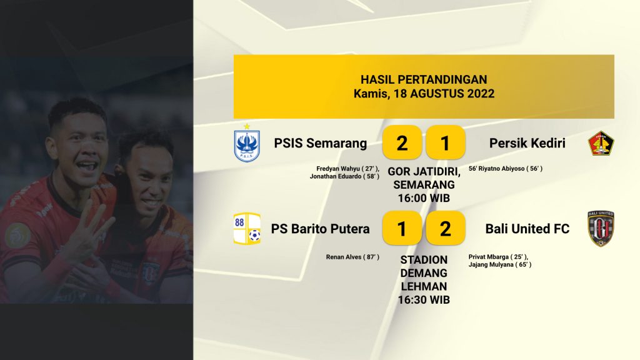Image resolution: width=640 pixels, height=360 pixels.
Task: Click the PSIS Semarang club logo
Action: (247, 144)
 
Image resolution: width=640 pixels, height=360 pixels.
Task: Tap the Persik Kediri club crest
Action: (601, 143)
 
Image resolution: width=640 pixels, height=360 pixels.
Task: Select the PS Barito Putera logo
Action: (247, 229)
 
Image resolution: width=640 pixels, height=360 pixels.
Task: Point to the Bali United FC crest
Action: (601, 229)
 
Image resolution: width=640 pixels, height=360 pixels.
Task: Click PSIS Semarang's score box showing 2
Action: (402, 142)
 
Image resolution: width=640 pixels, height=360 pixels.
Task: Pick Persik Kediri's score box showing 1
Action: (445, 142)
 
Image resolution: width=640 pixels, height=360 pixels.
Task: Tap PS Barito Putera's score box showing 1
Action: (402, 228)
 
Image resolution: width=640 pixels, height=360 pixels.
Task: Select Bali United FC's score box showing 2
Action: (445, 228)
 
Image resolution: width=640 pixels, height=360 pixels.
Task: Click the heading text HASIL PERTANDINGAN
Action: (424, 79)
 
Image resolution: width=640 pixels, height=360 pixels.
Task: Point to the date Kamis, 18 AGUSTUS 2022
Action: (424, 94)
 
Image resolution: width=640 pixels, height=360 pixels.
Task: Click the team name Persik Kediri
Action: (527, 143)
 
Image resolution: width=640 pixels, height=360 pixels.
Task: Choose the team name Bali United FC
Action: (527, 229)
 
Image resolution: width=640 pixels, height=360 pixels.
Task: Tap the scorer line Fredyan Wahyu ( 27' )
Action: (347, 169)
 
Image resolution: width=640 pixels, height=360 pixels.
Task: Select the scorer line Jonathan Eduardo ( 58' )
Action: (344, 176)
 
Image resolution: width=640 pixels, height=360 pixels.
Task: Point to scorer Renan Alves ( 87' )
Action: (352, 257)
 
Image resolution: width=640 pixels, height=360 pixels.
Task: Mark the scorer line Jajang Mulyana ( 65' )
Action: (500, 264)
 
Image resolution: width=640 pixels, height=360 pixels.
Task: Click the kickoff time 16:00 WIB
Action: (424, 198)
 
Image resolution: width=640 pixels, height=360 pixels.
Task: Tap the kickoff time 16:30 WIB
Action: (424, 300)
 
